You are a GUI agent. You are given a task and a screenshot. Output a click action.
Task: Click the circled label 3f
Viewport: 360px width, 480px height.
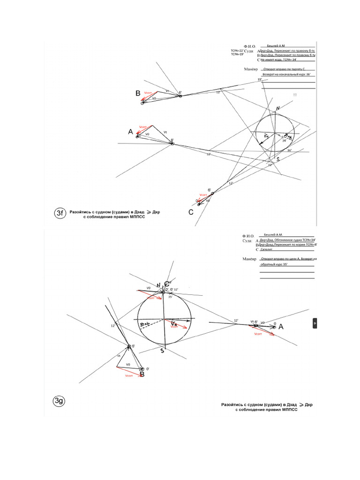[x=60, y=214]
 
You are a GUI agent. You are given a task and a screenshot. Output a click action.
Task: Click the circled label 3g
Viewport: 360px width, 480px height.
[x=59, y=401]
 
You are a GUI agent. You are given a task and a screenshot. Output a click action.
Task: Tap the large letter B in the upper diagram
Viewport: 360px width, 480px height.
[x=138, y=94]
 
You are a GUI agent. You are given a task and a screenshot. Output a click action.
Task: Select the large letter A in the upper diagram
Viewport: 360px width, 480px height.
[x=130, y=132]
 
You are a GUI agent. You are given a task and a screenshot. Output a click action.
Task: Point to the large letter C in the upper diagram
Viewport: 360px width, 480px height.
[x=191, y=212]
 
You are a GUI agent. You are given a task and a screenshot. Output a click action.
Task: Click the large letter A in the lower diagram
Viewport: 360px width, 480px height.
[x=281, y=327]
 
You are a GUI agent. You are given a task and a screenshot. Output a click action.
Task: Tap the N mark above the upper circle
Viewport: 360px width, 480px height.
[x=278, y=108]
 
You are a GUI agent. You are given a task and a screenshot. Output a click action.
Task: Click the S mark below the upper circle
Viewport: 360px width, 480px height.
[x=278, y=159]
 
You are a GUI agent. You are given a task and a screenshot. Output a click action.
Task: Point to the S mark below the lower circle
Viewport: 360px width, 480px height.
[x=162, y=350]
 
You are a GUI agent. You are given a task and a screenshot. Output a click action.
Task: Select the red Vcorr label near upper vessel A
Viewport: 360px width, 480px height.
[x=143, y=127]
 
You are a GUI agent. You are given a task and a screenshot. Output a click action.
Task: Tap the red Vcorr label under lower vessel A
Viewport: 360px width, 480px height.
[x=257, y=334]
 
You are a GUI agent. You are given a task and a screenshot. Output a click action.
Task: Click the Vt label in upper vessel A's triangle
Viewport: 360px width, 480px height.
[x=165, y=133]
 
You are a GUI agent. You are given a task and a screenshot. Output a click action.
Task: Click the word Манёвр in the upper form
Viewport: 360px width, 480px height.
[x=251, y=69]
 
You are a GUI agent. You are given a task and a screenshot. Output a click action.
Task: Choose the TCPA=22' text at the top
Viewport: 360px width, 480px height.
[x=237, y=50]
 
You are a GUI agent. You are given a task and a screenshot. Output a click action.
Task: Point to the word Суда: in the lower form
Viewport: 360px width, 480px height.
[x=247, y=240]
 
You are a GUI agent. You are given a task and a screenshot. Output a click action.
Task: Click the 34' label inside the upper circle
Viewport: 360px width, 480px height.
[x=284, y=140]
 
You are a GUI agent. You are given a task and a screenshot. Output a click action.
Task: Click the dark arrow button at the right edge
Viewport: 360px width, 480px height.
[x=315, y=324]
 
